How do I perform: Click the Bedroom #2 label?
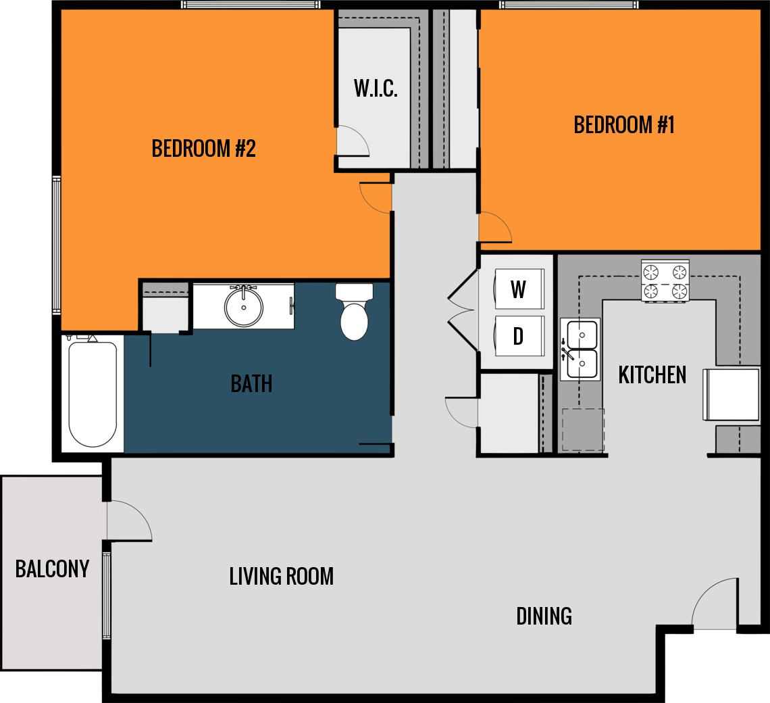coord(203,148)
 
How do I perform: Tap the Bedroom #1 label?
coord(623,125)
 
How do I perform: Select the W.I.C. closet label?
coord(376,89)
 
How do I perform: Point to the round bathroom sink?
coord(243,307)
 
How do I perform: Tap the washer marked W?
coord(519,289)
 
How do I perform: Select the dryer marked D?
coord(519,336)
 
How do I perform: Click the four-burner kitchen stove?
coord(665,281)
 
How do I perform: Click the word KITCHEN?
coord(652,375)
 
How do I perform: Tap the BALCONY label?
coord(52,569)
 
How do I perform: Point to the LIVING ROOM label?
coord(281,577)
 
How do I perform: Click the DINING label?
coord(544,616)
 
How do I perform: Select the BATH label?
coord(251,384)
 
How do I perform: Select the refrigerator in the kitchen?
coord(731,394)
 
